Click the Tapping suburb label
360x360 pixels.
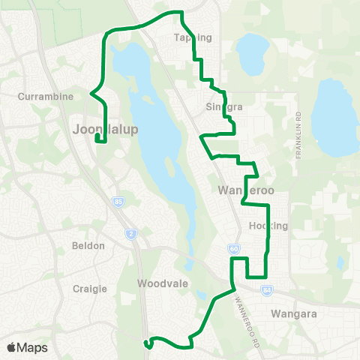(x=193, y=37)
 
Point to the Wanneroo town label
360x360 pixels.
(x=246, y=190)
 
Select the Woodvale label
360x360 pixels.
(x=158, y=283)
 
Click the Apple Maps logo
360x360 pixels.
(x=26, y=347)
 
